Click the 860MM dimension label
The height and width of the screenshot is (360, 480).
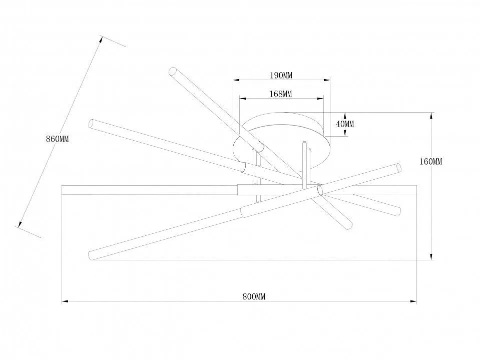(58, 139)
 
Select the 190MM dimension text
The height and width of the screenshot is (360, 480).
(281, 75)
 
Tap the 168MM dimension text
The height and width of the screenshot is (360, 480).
(281, 94)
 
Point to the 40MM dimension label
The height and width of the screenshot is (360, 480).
(345, 124)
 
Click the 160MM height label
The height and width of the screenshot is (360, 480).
(431, 161)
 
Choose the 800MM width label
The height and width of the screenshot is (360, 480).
(254, 296)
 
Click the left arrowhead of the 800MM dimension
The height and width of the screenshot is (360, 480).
(65, 301)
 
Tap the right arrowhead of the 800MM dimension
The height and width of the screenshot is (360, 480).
(413, 301)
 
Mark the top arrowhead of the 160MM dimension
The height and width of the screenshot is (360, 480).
(431, 116)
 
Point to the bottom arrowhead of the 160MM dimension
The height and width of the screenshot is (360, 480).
(431, 257)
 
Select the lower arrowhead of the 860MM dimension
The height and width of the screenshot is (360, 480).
(20, 224)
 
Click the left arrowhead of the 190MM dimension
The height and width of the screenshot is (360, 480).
(236, 80)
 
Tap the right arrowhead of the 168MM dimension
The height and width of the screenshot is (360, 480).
(320, 98)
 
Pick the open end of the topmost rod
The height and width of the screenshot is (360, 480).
(173, 71)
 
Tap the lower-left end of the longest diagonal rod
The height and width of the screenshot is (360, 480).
(91, 255)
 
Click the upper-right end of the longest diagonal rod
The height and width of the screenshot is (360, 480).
(399, 168)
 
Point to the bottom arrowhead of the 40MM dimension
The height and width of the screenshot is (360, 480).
(345, 133)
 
